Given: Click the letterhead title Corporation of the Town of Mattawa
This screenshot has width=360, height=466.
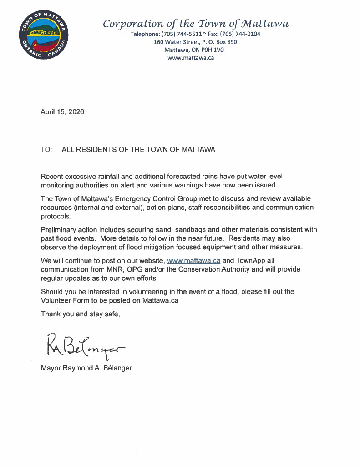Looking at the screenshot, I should pos(195,24).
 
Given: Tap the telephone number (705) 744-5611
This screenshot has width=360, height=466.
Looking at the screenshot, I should pos(180,34).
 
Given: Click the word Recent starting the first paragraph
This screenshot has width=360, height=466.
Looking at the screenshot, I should pos(52,176).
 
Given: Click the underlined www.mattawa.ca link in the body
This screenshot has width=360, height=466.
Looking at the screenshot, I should pos(194,261).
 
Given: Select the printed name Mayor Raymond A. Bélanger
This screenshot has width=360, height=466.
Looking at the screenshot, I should pos(86,368).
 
